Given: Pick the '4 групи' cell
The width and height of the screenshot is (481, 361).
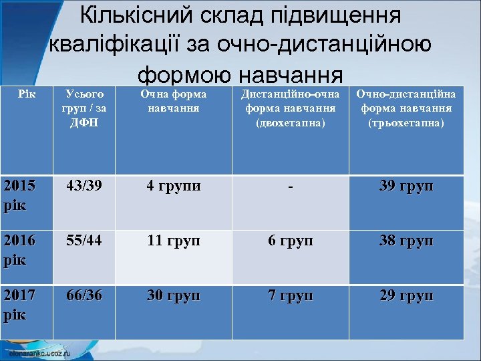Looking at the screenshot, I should tap(174, 187).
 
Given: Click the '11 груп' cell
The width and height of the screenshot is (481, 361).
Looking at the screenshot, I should tap(173, 241).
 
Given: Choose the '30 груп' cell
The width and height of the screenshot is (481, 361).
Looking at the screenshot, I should tap(173, 295).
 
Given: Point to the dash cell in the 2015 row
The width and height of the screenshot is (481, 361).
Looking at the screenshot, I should tap(290, 187).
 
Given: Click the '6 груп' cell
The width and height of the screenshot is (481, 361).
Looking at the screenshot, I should tap(290, 241).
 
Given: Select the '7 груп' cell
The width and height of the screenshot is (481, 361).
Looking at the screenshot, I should tap(290, 295).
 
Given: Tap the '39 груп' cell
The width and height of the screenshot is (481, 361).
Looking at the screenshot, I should tap(406, 187).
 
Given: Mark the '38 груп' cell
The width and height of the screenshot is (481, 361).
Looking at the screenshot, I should tap(406, 241).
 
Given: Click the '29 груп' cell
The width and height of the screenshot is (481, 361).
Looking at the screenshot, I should tap(406, 295).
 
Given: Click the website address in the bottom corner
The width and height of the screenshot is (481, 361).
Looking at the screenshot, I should tap(41, 352).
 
